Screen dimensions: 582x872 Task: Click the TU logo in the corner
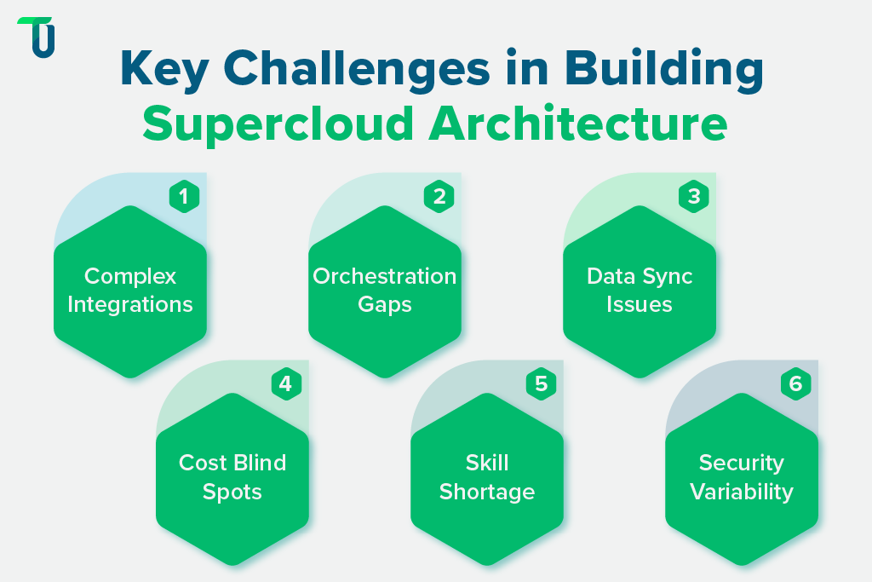(37, 37)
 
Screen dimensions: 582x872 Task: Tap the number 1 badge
(184, 197)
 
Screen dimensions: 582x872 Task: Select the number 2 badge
(439, 197)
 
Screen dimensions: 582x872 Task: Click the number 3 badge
(693, 197)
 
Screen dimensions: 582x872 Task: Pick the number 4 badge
(285, 384)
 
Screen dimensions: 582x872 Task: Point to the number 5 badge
(540, 384)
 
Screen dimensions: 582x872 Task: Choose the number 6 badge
(795, 384)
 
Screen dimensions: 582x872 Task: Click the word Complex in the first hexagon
(130, 276)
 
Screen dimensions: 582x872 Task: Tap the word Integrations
(130, 304)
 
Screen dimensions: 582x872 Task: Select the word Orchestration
(385, 276)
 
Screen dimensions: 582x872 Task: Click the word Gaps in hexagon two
(385, 304)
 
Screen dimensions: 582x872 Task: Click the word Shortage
(487, 492)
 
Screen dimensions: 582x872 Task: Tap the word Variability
(742, 492)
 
